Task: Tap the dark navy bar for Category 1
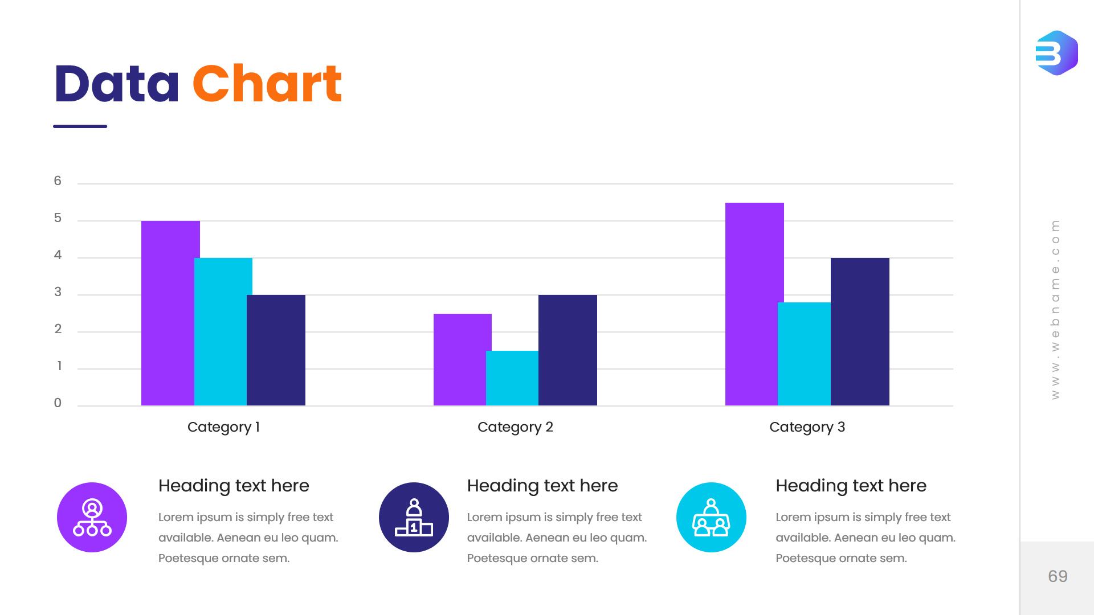276,350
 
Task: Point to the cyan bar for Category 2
512,378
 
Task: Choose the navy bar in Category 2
568,350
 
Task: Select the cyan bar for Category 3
804,354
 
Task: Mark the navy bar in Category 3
860,331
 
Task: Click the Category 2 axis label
515,427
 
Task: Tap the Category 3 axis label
807,427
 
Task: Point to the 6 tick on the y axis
58,181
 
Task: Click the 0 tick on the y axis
58,403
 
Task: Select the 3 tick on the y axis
58,292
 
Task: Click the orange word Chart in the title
267,84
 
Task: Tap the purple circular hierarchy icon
92,517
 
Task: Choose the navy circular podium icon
414,517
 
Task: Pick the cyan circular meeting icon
711,517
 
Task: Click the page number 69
1058,576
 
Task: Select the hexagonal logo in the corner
1056,53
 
